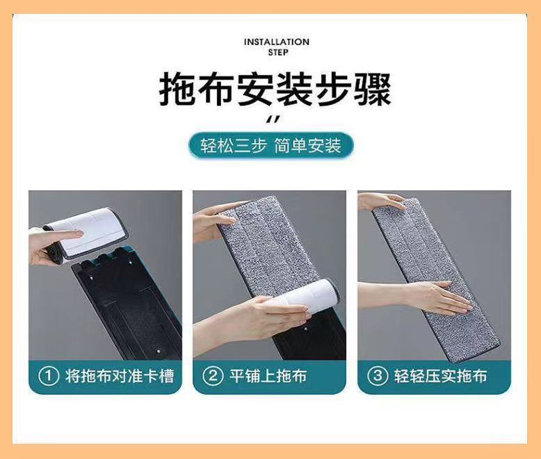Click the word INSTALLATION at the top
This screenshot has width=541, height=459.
click(276, 42)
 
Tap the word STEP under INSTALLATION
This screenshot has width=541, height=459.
click(278, 52)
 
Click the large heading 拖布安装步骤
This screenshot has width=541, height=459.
click(275, 90)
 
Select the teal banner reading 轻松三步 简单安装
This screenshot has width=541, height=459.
click(270, 145)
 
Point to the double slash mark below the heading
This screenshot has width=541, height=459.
click(273, 119)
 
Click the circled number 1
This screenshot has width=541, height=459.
click(48, 376)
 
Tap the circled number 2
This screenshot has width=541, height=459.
click(213, 376)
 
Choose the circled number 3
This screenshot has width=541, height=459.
click(378, 376)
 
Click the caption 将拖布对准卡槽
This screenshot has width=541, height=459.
click(119, 376)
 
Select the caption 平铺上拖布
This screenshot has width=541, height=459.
click(268, 376)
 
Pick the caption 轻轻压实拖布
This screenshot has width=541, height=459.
click(441, 376)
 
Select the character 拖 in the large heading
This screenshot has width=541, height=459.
click(177, 90)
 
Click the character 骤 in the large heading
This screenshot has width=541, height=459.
click(373, 90)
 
